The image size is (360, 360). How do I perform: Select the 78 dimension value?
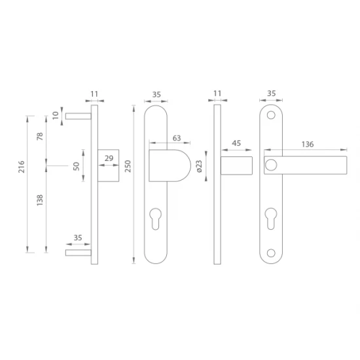click(x=40, y=137)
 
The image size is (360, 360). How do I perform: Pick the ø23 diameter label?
click(x=199, y=168)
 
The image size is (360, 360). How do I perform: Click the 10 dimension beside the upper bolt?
click(x=56, y=115)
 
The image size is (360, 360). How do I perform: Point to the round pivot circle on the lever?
click(x=270, y=166)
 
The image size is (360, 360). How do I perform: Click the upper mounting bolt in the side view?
click(x=76, y=115)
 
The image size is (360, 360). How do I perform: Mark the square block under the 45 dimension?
click(x=236, y=166)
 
